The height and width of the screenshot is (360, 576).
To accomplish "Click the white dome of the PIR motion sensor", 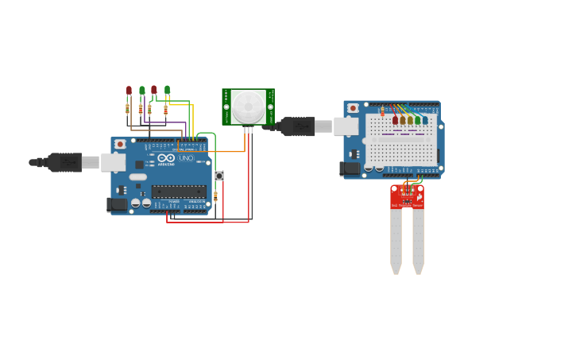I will [x=249, y=106].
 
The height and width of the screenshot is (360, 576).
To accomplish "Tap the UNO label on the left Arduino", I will [x=186, y=158].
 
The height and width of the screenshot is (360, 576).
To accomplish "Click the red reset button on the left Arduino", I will [x=120, y=144].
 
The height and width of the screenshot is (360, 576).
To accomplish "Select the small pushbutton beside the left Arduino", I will [x=219, y=175].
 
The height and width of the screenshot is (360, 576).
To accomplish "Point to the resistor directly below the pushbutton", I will [x=216, y=195].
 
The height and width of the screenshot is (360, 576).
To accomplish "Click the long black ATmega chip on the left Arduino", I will [x=179, y=190].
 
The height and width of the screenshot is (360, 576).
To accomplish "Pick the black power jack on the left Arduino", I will [x=117, y=204].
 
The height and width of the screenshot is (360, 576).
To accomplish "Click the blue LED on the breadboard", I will [x=425, y=121].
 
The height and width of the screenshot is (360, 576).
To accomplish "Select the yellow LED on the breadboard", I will [x=410, y=121].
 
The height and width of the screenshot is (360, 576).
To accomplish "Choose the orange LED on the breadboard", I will [x=403, y=121].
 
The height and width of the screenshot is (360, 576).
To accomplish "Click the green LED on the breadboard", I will [x=418, y=121].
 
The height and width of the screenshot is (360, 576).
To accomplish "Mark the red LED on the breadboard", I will [x=396, y=121].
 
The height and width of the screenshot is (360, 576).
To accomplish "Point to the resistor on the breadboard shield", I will [x=383, y=112].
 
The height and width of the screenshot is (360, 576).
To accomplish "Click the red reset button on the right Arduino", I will [x=353, y=108].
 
